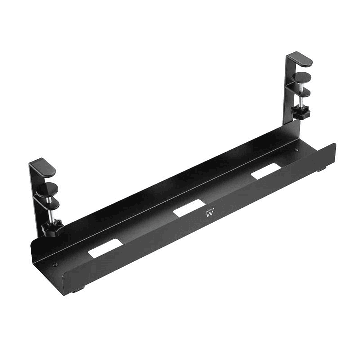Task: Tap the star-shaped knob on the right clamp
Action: (x=302, y=113)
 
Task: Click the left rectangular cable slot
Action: (x=105, y=248)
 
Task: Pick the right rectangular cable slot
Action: (x=265, y=171)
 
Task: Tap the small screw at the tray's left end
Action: (x=56, y=264)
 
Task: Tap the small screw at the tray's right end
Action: (x=297, y=151)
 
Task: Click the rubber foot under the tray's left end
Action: (x=76, y=289)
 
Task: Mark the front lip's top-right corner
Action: (x=335, y=145)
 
